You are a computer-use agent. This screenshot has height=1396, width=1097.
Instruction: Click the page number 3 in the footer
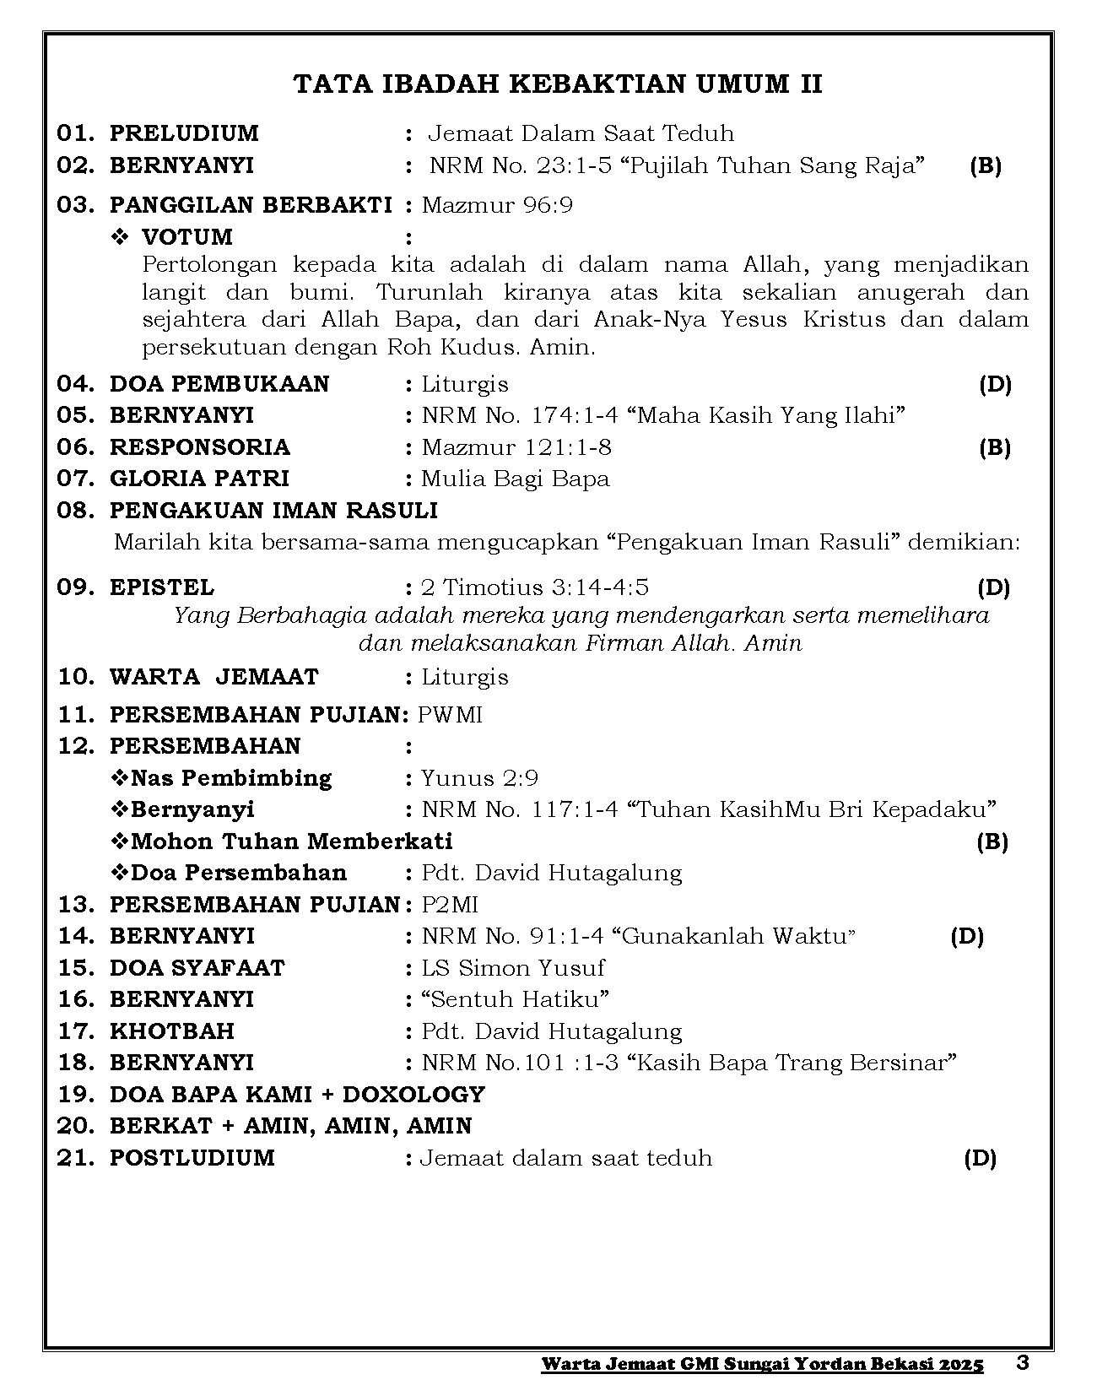coord(1023,1362)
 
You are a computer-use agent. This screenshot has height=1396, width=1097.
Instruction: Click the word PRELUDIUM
coord(184,133)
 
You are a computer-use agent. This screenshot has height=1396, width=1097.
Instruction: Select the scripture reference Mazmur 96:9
coord(497,205)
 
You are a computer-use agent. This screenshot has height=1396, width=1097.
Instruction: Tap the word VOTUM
coord(186,237)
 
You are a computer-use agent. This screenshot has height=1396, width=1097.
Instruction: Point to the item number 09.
coord(76,587)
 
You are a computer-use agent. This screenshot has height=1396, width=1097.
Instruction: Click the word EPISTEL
coord(162,587)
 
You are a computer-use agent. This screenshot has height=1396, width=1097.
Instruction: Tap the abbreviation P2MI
coord(450,905)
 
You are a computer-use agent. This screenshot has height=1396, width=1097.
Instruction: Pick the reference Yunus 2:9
coord(479,778)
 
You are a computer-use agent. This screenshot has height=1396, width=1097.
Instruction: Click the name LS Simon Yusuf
coord(513,968)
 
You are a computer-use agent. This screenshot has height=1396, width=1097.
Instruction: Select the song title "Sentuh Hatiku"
coord(515,999)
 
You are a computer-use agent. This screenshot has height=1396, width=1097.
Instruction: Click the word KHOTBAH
coord(172,1031)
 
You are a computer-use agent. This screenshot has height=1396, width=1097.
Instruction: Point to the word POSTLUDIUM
coord(192,1158)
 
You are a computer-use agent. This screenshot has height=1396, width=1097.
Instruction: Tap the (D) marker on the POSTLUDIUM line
coord(980,1158)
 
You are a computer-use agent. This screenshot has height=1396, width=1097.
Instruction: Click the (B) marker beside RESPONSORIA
coord(995,447)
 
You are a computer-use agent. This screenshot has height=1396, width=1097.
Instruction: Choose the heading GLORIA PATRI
coord(199,479)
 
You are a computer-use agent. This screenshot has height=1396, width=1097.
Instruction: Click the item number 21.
coord(76,1158)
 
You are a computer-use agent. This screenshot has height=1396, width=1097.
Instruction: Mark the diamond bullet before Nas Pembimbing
coord(120,778)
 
